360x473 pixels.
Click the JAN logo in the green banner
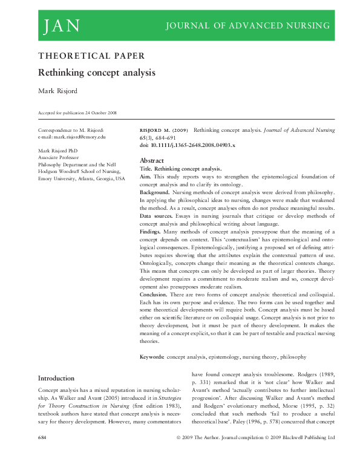(61, 25)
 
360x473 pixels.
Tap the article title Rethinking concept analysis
(97, 73)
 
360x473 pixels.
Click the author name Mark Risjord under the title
(59, 91)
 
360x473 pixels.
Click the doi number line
(188, 146)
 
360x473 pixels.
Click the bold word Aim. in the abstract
(146, 176)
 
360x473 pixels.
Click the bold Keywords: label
(152, 357)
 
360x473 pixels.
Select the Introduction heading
(56, 378)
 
